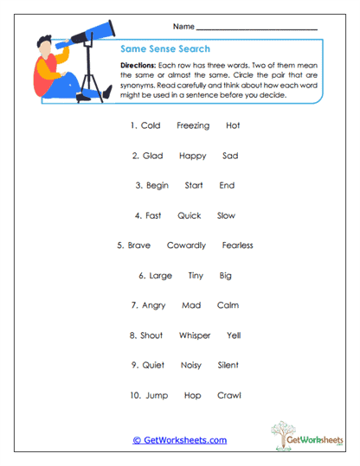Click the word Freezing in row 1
tap(193, 126)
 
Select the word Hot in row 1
tap(233, 126)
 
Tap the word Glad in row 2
tap(153, 156)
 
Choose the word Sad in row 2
tap(230, 156)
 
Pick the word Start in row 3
tap(194, 186)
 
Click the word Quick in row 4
tap(189, 216)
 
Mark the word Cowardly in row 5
tap(186, 246)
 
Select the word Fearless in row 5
tap(237, 246)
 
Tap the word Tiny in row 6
tap(196, 276)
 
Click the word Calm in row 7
tap(228, 305)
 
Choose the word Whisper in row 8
tap(195, 335)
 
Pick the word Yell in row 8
tap(234, 335)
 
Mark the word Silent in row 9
tap(228, 365)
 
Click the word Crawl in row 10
tap(229, 395)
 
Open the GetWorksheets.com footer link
tap(180, 440)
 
